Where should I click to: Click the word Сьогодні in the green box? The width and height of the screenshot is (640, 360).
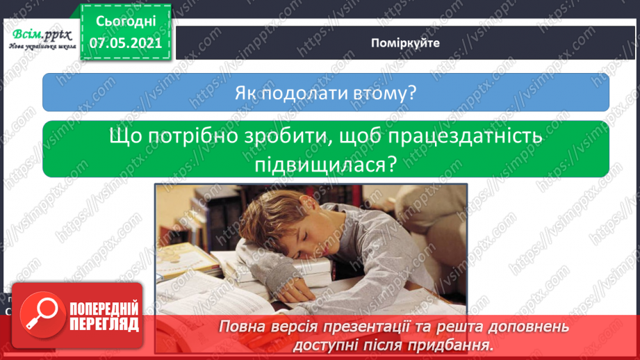(126, 22)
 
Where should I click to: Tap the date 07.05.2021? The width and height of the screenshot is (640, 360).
(126, 43)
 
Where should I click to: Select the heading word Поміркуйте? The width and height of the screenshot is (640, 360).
(405, 43)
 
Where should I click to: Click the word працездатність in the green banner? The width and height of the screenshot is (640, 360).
(466, 137)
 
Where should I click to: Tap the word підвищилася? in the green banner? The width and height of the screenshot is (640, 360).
(326, 165)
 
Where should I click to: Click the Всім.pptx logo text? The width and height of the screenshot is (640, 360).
(42, 35)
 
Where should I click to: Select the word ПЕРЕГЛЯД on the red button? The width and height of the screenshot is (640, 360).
(104, 324)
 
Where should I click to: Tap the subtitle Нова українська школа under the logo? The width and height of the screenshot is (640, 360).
(42, 47)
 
